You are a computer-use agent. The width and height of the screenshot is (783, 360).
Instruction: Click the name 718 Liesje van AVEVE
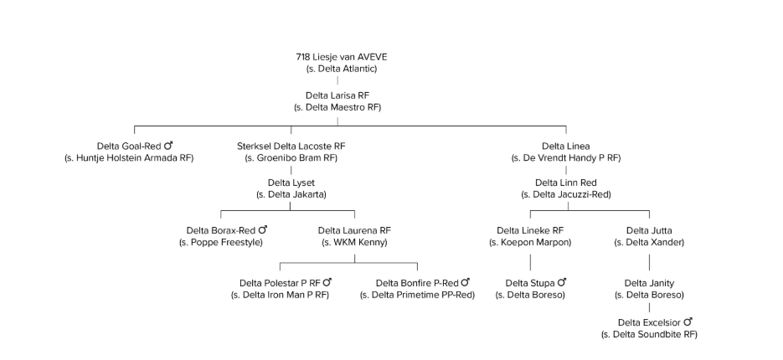342,57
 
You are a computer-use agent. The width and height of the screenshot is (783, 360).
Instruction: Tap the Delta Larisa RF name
337,95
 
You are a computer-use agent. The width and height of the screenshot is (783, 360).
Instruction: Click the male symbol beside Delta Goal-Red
168,146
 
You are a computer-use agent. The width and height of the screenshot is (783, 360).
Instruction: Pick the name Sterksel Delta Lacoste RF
291,147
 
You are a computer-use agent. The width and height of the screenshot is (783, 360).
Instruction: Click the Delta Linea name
566,147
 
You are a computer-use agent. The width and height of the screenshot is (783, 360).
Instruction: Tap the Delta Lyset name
291,183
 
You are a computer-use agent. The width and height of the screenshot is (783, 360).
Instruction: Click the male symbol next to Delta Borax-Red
263,229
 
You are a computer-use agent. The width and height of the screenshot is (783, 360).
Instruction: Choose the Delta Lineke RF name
530,231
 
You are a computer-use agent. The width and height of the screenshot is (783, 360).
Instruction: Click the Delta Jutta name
649,231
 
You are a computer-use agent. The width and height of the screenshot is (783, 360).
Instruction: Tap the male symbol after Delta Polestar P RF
327,282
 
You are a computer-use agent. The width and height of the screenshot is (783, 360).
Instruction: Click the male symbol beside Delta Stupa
561,282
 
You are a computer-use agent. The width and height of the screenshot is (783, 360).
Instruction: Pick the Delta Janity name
649,283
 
